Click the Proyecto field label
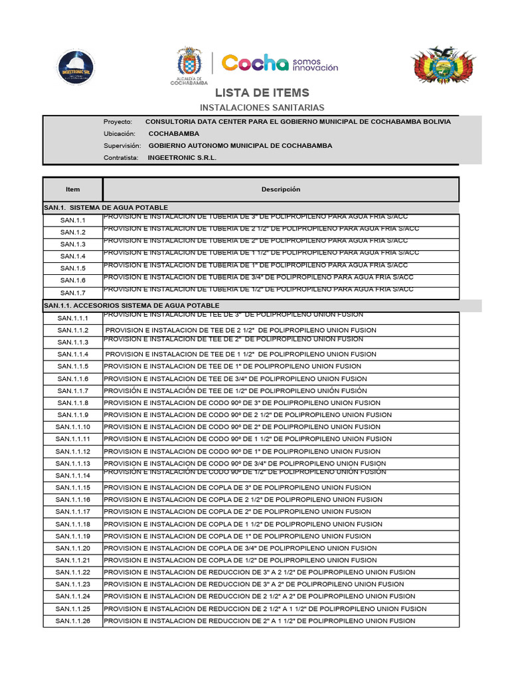(118, 122)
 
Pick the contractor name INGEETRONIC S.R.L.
(182, 158)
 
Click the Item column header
(72, 190)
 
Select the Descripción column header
(280, 189)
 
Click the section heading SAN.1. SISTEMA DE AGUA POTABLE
(106, 208)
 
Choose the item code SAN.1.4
(73, 256)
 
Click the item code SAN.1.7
(73, 293)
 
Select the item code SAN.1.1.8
(73, 403)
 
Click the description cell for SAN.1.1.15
(238, 487)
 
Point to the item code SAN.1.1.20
(73, 549)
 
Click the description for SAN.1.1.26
(260, 621)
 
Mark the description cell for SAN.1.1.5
(233, 367)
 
